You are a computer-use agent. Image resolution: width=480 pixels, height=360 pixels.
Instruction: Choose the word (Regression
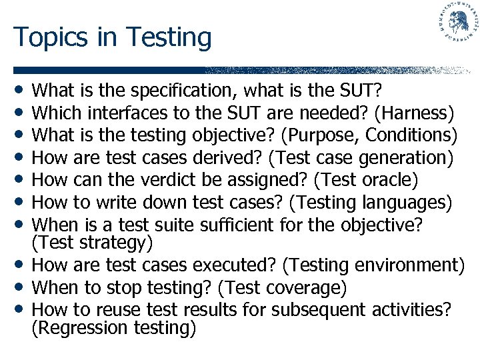coord(79,327)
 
